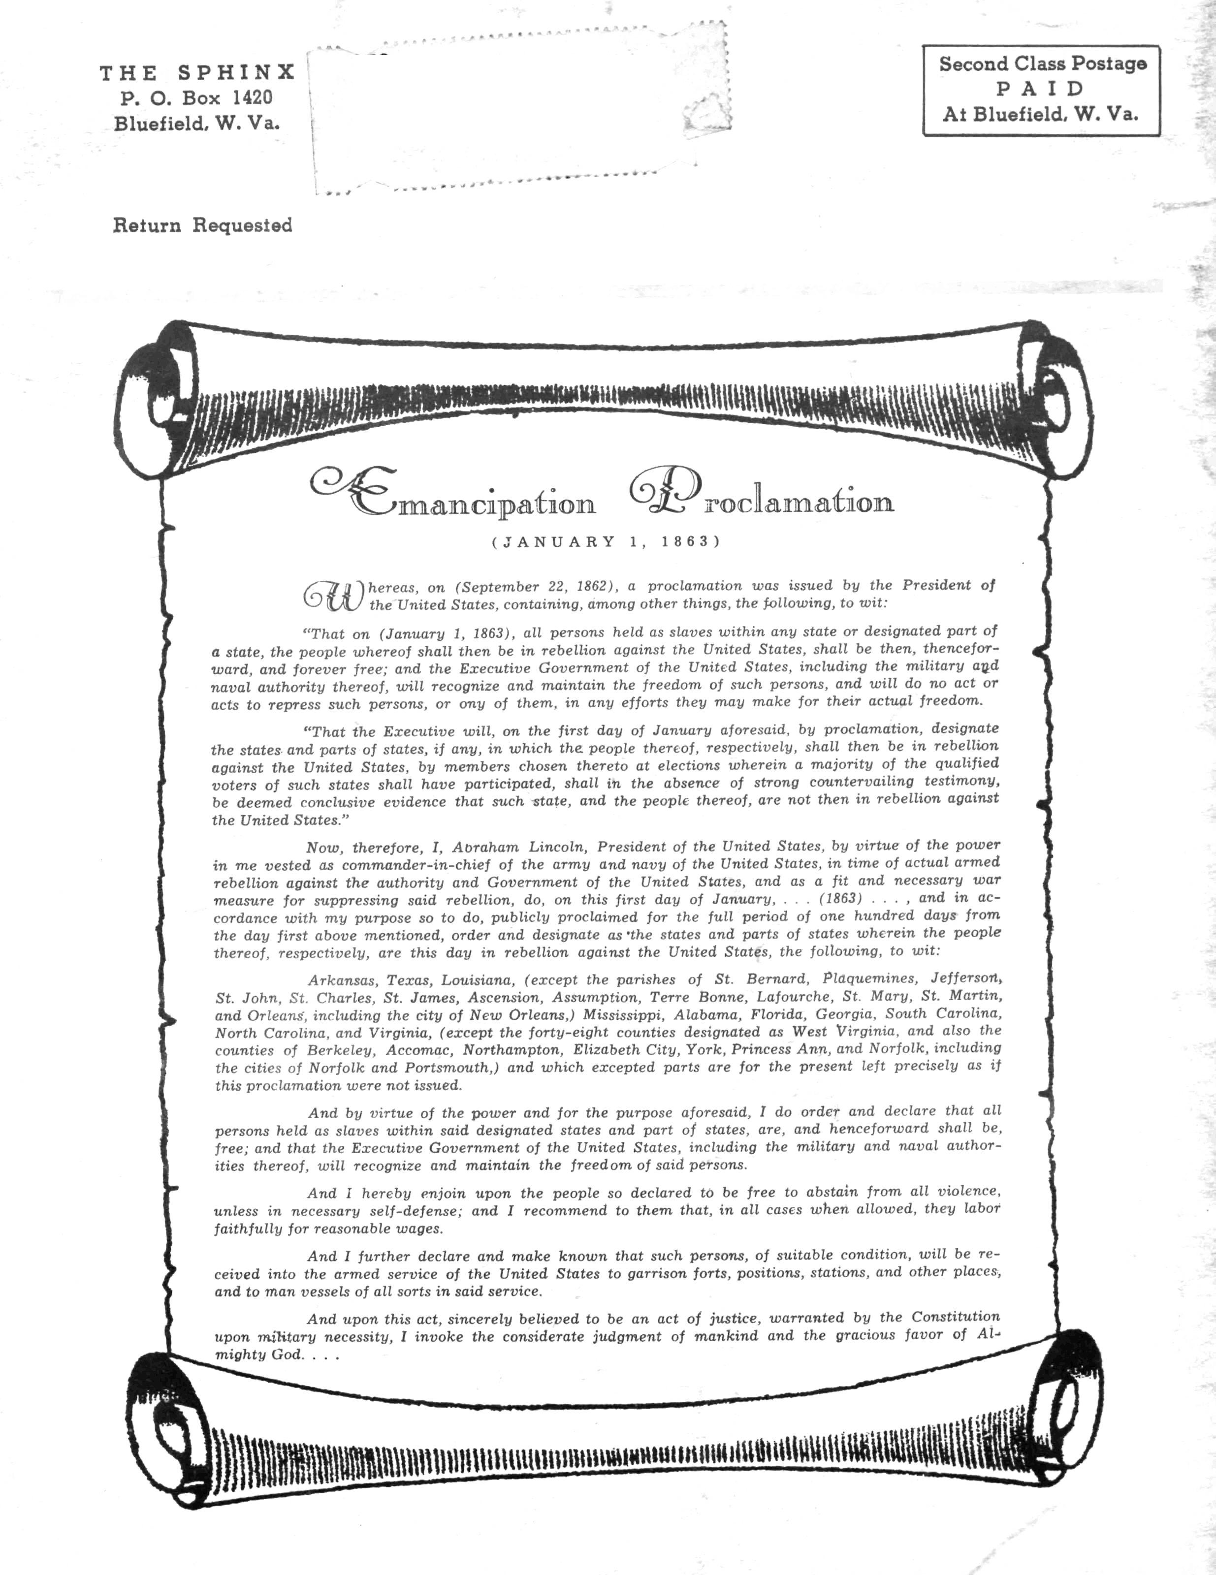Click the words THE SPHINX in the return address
pyautogui.click(x=197, y=72)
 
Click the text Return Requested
pyautogui.click(x=203, y=226)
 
